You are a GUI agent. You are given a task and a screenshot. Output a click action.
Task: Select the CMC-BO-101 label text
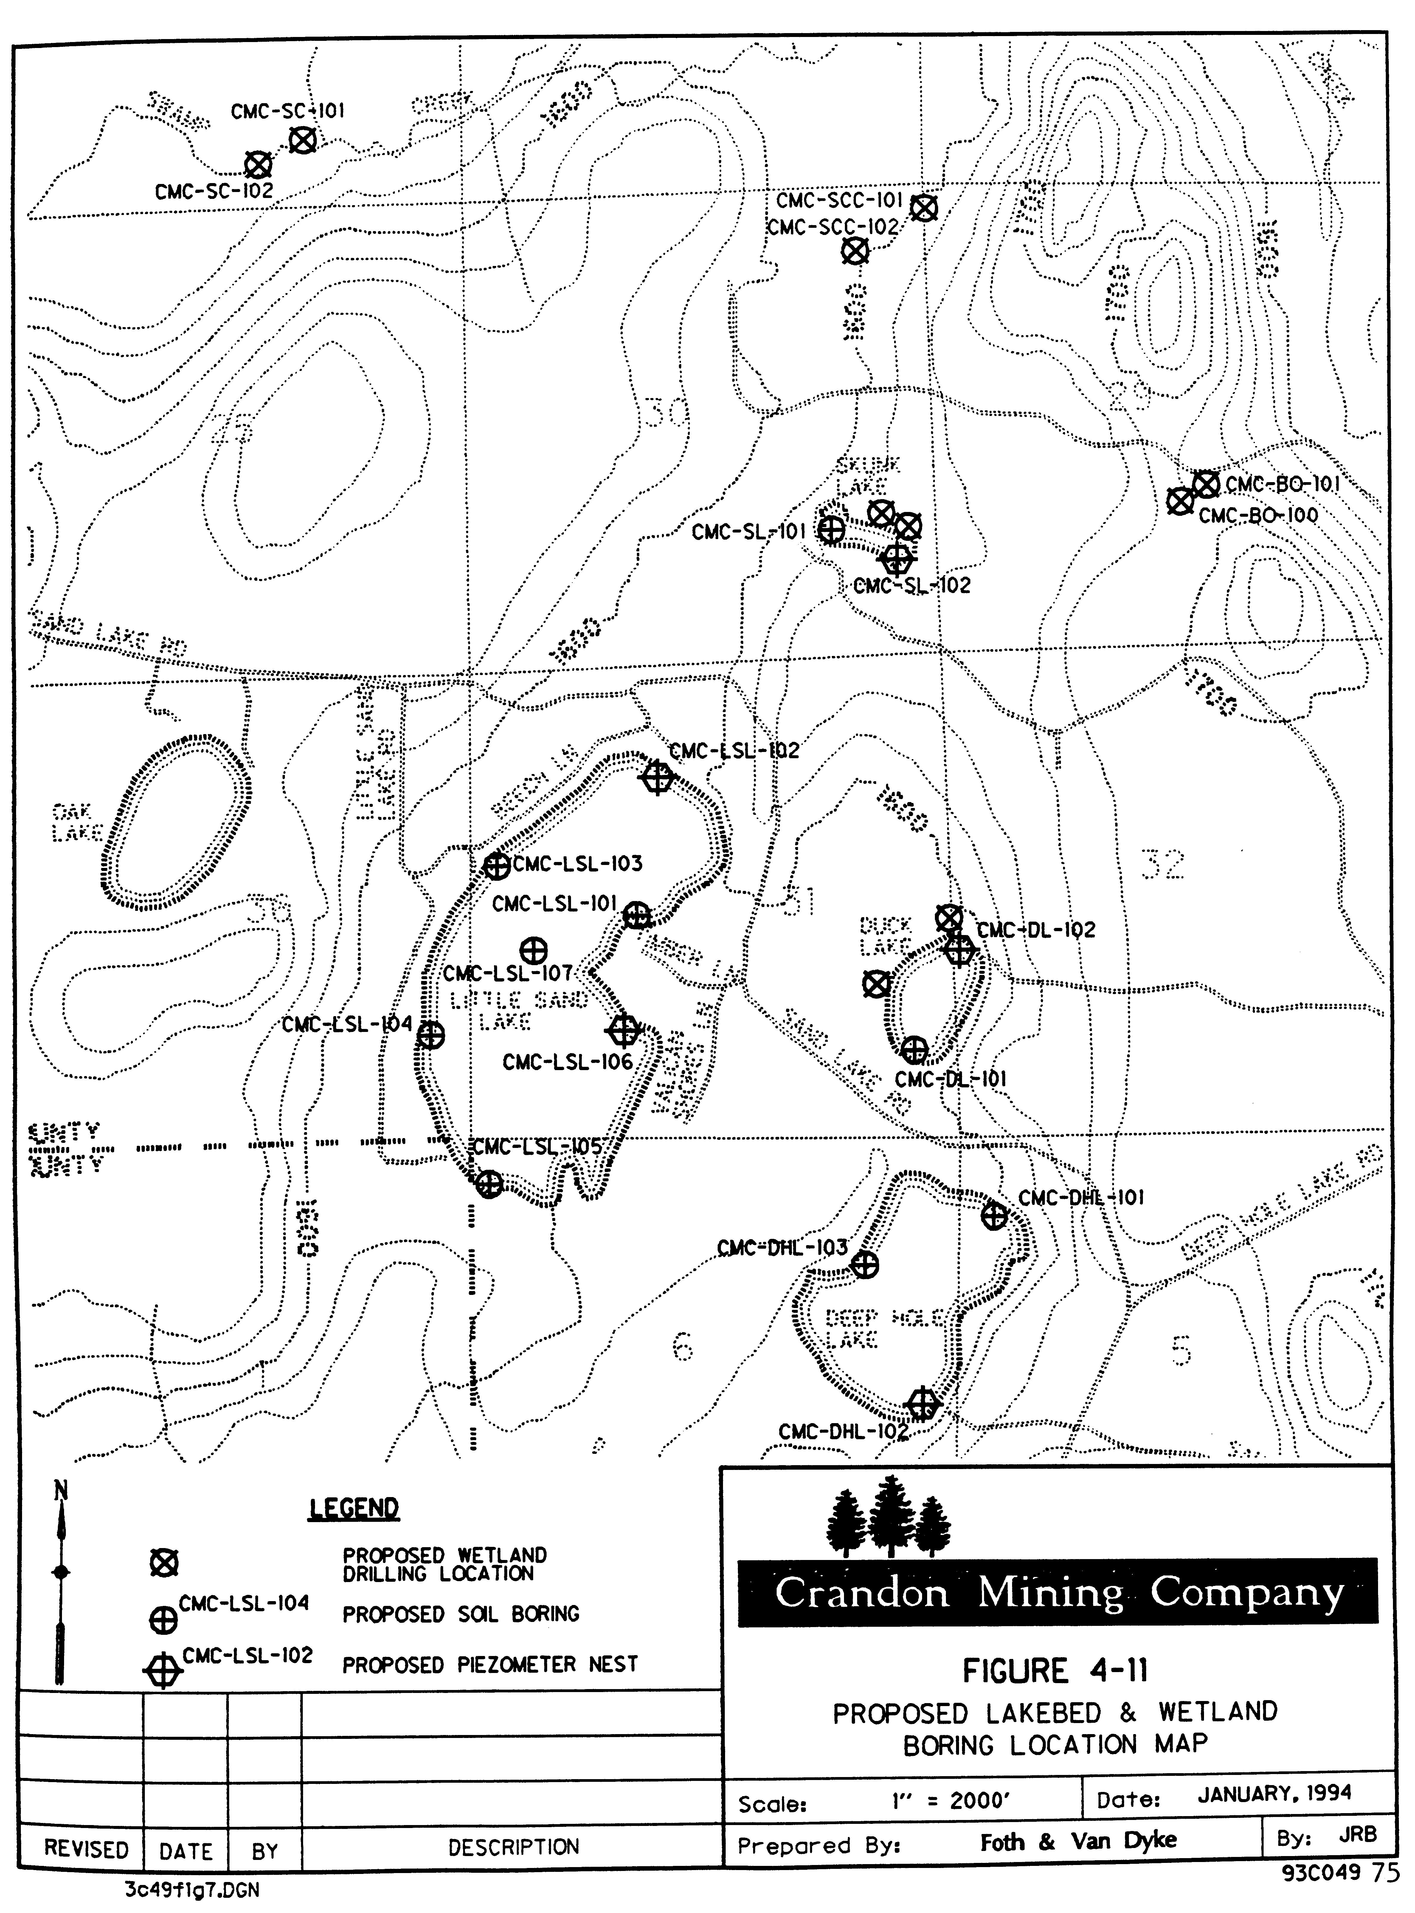[x=1282, y=484]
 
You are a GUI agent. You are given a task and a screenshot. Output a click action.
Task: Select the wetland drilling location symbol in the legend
[x=164, y=1564]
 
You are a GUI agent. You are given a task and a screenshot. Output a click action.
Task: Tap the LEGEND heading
[x=354, y=1508]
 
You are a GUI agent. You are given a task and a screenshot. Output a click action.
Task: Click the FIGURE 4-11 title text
[x=1054, y=1671]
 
